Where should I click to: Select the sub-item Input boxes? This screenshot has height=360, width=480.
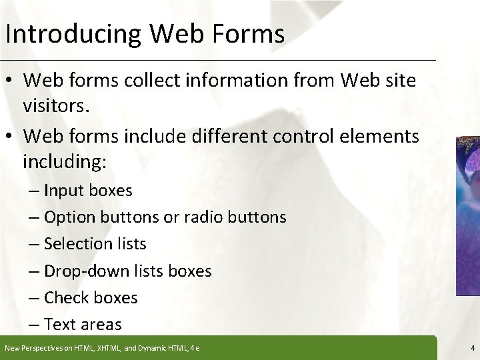(x=89, y=191)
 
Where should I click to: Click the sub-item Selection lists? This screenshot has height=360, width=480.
(x=95, y=244)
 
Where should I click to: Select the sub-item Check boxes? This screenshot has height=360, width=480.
(x=91, y=298)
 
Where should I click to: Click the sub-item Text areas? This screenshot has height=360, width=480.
(x=83, y=325)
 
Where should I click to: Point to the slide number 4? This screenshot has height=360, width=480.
(x=471, y=348)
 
